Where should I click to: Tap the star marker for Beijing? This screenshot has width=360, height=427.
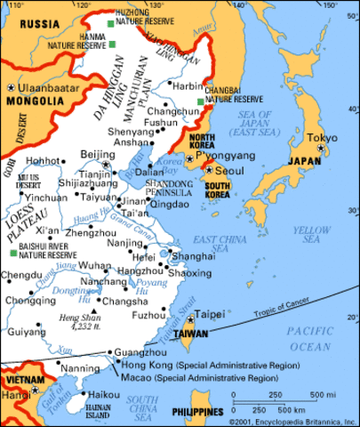coord(106,164)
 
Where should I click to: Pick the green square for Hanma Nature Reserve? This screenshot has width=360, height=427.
coord(113,44)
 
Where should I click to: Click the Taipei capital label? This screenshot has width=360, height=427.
coord(210,314)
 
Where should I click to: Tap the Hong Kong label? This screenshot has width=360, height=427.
coord(145,366)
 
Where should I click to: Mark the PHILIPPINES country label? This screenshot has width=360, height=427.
coord(197,412)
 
